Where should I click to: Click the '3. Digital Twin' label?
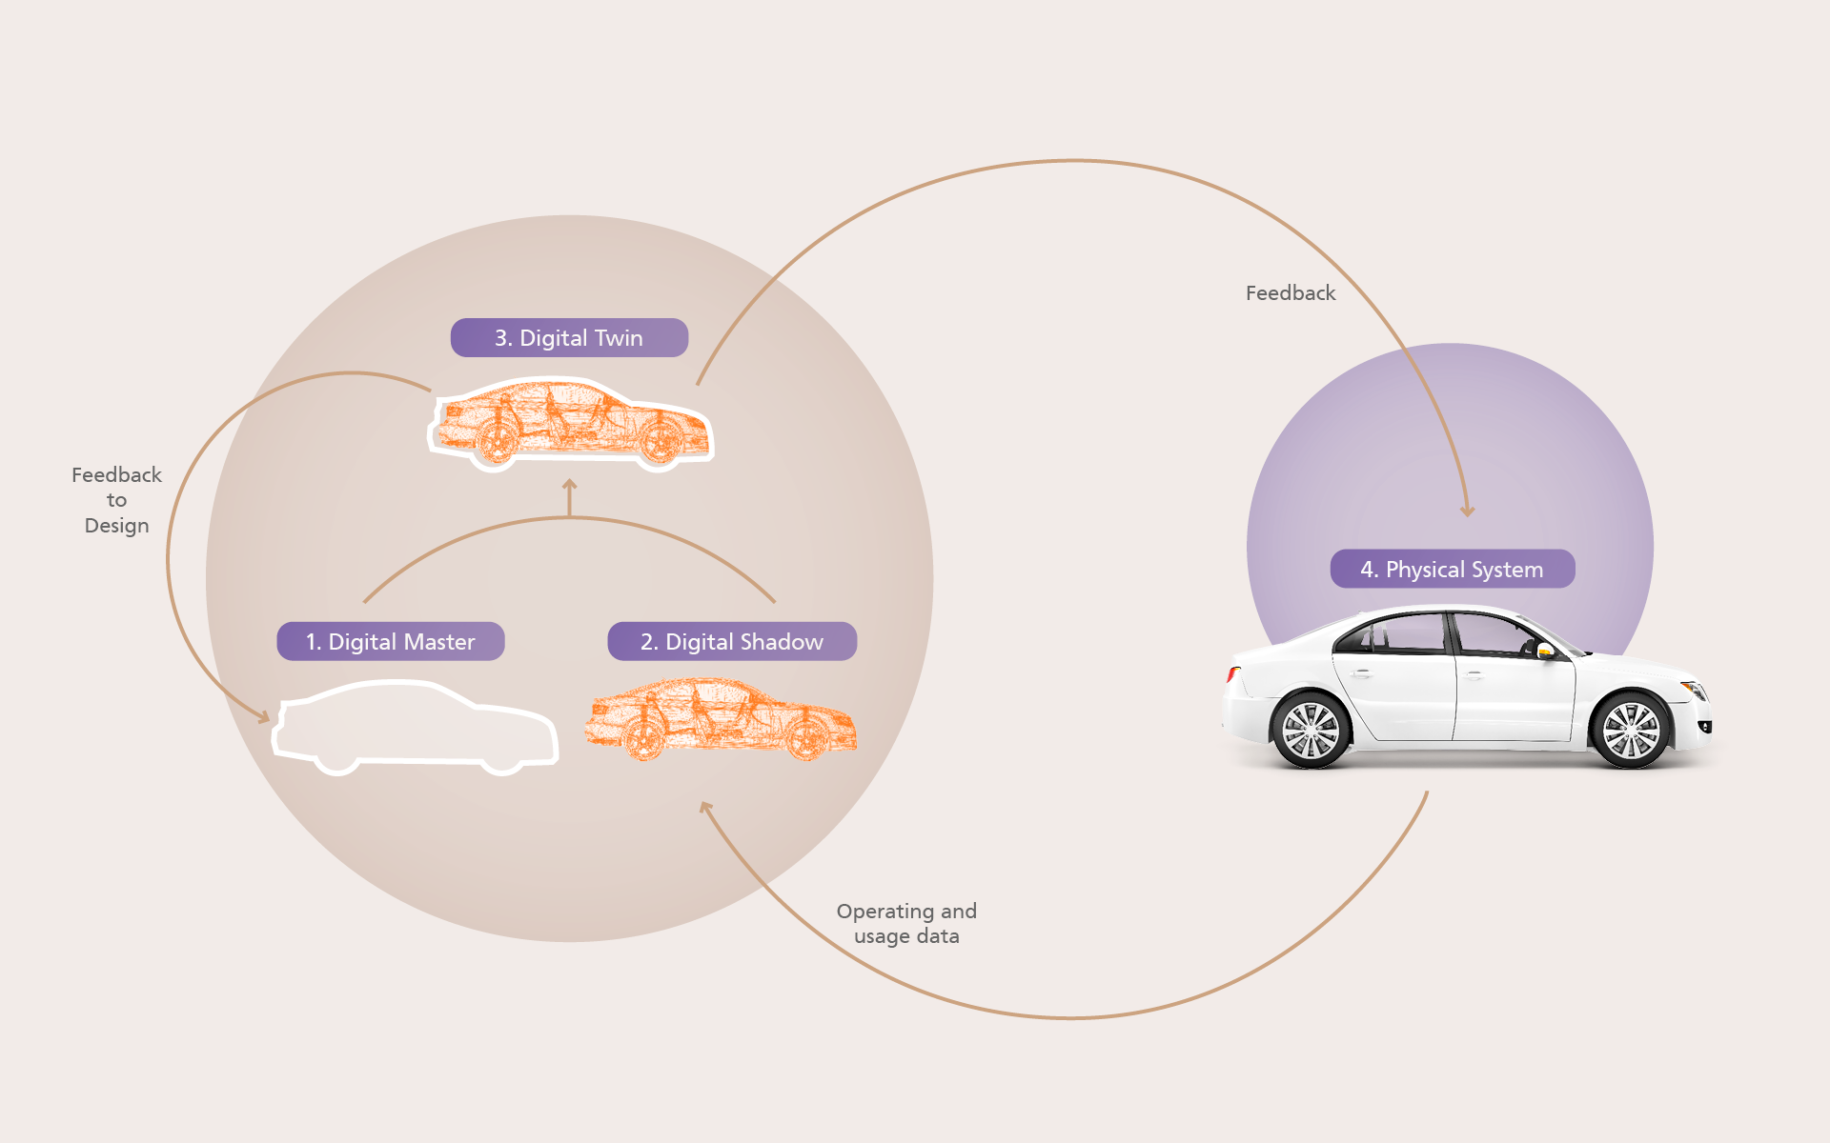click(x=569, y=338)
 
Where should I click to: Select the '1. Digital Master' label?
click(x=391, y=641)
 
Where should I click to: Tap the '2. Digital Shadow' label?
click(x=732, y=641)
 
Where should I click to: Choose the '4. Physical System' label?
click(x=1453, y=569)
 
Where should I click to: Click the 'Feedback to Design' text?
click(x=116, y=500)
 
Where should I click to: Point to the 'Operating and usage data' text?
click(x=906, y=924)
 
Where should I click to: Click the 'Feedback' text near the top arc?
click(x=1291, y=293)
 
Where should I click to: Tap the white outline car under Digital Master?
click(x=416, y=727)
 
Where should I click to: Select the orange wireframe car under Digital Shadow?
click(x=722, y=718)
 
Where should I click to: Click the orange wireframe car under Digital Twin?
click(x=571, y=425)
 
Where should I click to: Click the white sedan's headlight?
click(x=1694, y=689)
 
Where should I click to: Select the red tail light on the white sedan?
click(x=1232, y=675)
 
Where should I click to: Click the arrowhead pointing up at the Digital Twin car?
click(x=570, y=484)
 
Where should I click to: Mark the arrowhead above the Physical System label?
click(x=1468, y=511)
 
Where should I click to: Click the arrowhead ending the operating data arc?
click(x=706, y=808)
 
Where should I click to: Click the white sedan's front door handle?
click(x=1474, y=675)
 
